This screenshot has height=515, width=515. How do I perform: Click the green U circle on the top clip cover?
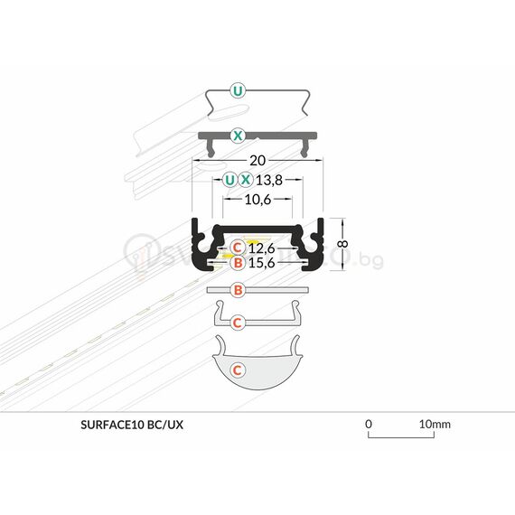coord(237,90)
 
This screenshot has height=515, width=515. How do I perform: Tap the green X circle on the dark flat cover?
coord(237,136)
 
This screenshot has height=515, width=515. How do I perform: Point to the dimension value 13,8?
coord(273,179)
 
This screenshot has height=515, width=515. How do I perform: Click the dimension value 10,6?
coord(258,200)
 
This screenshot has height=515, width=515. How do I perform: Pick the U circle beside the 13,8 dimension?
coord(229,179)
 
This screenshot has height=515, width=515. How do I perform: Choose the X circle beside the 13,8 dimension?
coord(246,179)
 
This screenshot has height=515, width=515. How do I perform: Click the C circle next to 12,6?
coord(237,248)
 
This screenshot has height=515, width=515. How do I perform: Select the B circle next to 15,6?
coord(237,263)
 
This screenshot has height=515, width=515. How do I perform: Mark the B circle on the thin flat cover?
coord(237,290)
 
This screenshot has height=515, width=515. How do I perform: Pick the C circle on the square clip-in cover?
coord(237,322)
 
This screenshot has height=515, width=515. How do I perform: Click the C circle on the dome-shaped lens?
coord(237,370)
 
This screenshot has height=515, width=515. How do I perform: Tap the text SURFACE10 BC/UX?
coord(131,423)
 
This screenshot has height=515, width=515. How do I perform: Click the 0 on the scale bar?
coord(369,423)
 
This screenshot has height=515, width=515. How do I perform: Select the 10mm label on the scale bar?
coord(435,423)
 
